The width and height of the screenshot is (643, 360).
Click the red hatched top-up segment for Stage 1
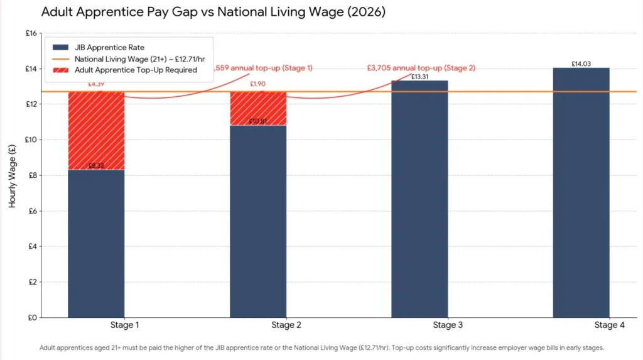[96, 131]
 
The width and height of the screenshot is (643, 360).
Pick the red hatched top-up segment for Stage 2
[258, 109]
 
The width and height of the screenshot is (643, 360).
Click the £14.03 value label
[581, 63]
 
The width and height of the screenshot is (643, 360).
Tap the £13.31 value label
[419, 77]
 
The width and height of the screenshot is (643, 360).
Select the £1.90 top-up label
[258, 84]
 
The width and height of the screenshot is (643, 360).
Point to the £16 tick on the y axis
[30, 33]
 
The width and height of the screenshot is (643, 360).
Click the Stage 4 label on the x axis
[606, 325]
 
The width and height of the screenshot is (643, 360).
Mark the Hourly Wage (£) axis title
[13, 176]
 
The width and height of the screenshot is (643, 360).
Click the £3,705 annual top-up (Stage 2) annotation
[421, 68]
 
